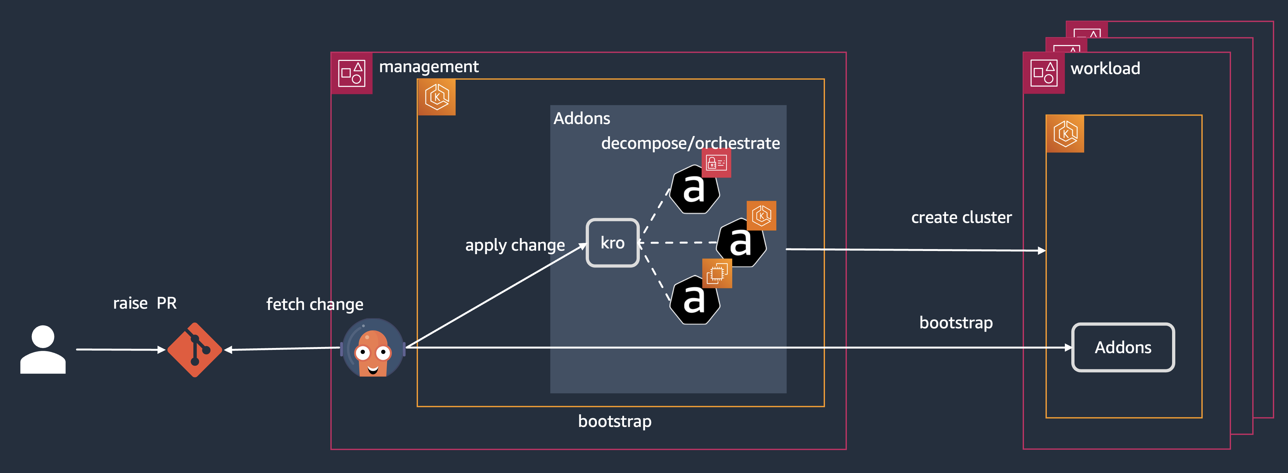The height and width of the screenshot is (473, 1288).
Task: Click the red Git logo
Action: click(194, 350)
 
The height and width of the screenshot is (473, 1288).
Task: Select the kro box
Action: click(612, 243)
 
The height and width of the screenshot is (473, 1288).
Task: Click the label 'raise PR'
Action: click(145, 303)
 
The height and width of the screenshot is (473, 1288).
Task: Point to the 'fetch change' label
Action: click(315, 304)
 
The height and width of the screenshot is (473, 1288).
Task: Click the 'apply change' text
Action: click(515, 245)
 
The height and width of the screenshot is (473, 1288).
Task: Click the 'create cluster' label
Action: click(961, 218)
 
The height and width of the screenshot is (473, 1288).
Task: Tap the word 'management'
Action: click(429, 67)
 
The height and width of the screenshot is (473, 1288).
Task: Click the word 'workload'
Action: click(1105, 69)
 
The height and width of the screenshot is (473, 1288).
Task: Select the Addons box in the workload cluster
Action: click(1122, 347)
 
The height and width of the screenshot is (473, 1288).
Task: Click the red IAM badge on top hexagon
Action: click(716, 163)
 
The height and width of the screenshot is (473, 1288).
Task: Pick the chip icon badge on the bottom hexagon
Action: click(717, 273)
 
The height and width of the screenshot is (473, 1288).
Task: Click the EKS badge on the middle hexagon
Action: click(761, 216)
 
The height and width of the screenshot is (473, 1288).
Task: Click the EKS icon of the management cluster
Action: click(437, 97)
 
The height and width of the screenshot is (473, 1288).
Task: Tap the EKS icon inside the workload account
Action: click(1065, 134)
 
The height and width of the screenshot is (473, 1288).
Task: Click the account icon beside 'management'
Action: click(352, 73)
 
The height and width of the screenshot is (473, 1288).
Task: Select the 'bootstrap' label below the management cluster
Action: click(614, 421)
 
